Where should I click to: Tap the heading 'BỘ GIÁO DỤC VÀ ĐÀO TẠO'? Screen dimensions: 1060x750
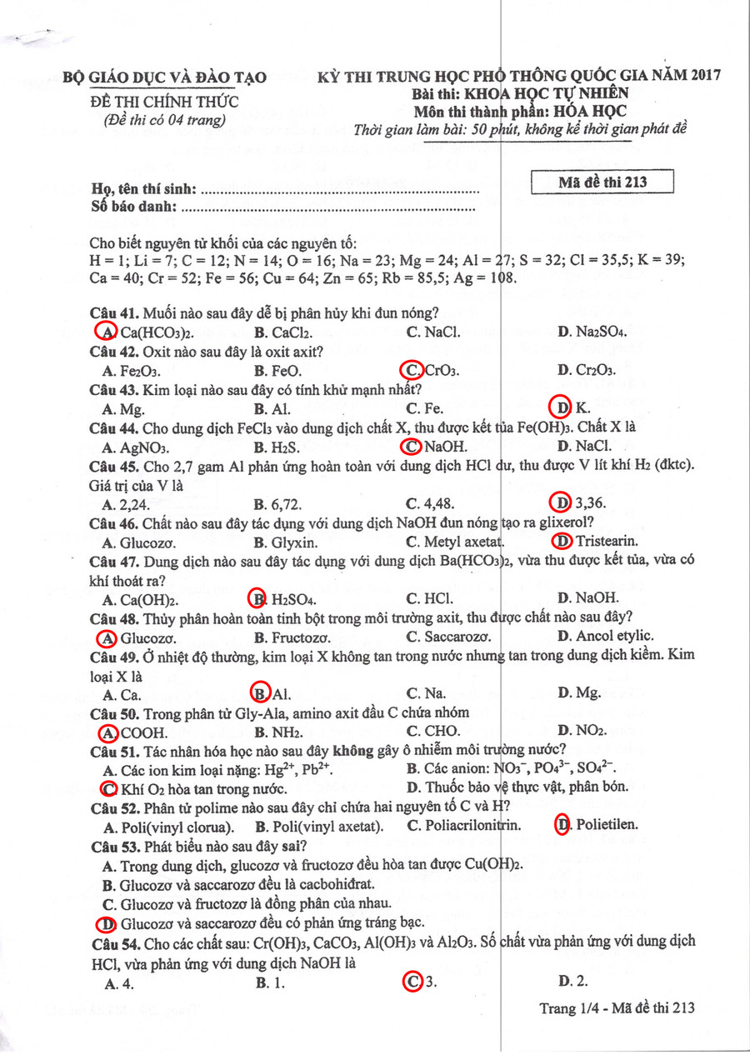165,77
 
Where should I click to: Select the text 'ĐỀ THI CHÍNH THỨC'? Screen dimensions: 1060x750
164,102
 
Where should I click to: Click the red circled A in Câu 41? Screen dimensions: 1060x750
107,332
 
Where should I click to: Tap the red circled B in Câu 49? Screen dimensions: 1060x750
260,693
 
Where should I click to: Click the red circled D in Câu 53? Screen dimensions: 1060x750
107,922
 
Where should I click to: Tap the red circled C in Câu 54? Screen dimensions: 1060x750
412,981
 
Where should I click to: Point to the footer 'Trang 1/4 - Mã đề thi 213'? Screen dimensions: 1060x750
617,1007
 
